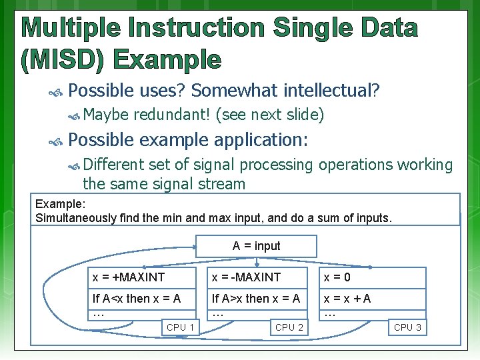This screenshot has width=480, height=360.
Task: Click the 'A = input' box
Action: (x=256, y=246)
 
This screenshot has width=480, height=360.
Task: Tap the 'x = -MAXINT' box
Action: (x=261, y=277)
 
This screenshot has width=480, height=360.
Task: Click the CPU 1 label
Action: (x=181, y=327)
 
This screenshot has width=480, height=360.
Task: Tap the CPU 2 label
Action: (x=289, y=327)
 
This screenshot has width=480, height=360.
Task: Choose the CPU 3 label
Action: (x=407, y=327)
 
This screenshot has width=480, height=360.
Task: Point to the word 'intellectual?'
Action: (x=332, y=89)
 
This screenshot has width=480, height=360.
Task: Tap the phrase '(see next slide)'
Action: (x=270, y=115)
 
